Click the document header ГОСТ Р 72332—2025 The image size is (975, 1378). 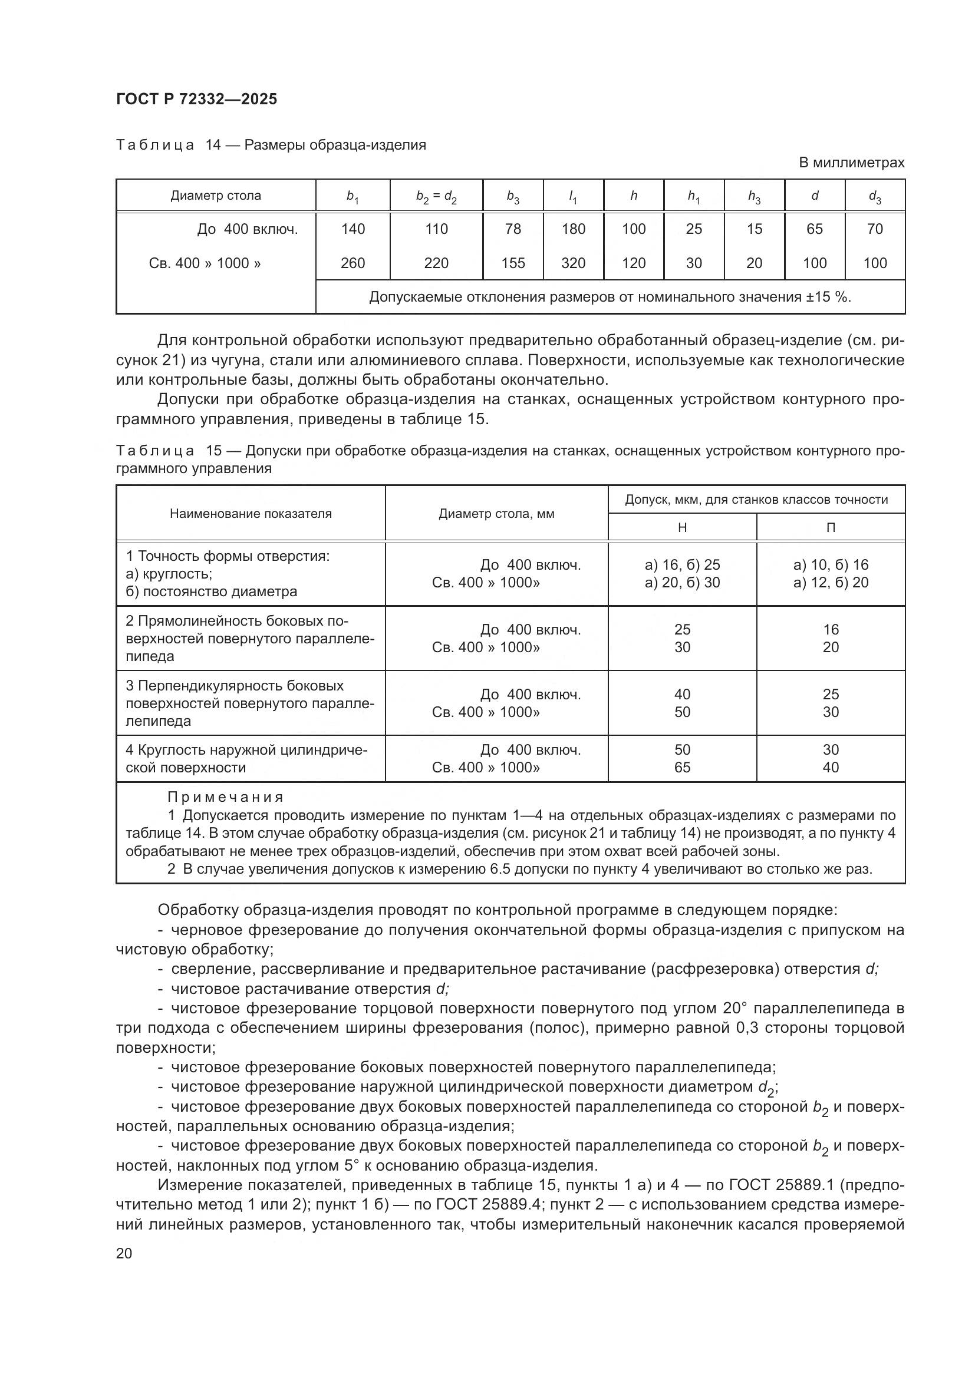pyautogui.click(x=196, y=99)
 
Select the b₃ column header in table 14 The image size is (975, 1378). pyautogui.click(x=513, y=196)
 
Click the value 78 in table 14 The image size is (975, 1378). pyautogui.click(x=513, y=229)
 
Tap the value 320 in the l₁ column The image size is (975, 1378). pyautogui.click(x=573, y=263)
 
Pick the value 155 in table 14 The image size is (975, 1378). pyautogui.click(x=513, y=263)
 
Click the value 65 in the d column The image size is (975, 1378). pyautogui.click(x=814, y=229)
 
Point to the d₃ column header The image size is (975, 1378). pyautogui.click(x=875, y=196)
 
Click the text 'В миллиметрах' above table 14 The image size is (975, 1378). pyautogui.click(x=851, y=163)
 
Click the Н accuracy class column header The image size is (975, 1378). pyautogui.click(x=682, y=527)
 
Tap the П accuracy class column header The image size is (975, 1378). pyautogui.click(x=831, y=527)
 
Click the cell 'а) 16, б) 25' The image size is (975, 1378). pyautogui.click(x=682, y=565)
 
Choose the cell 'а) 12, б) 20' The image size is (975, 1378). pyautogui.click(x=831, y=582)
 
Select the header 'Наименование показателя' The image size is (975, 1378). pyautogui.click(x=251, y=513)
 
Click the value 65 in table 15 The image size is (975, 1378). pyautogui.click(x=682, y=767)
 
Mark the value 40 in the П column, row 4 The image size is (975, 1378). pyautogui.click(x=831, y=767)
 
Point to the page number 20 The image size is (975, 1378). pyautogui.click(x=124, y=1253)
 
